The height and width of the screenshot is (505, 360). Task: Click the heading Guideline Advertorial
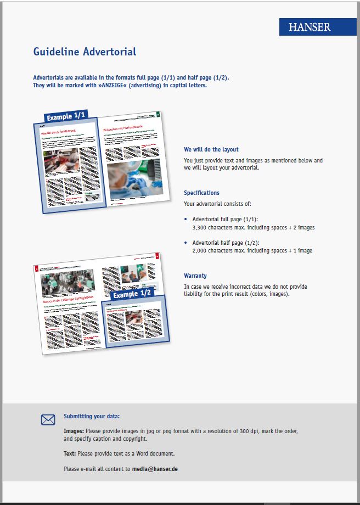click(85, 52)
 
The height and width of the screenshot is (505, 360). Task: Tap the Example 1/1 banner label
click(65, 117)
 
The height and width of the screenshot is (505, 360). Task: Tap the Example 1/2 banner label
click(132, 294)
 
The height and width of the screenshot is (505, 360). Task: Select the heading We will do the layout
click(211, 149)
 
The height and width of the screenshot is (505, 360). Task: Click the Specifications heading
click(201, 193)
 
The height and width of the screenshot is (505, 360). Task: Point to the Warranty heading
click(195, 276)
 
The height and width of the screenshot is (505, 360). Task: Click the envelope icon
click(48, 420)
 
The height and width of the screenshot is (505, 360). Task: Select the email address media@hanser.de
click(155, 469)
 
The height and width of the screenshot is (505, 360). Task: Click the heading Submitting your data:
click(92, 416)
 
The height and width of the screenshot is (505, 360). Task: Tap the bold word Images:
click(74, 431)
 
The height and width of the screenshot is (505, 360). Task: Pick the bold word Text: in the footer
click(70, 453)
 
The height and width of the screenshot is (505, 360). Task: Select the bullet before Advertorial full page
click(186, 219)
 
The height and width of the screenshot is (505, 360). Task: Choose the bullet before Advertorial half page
click(186, 243)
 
